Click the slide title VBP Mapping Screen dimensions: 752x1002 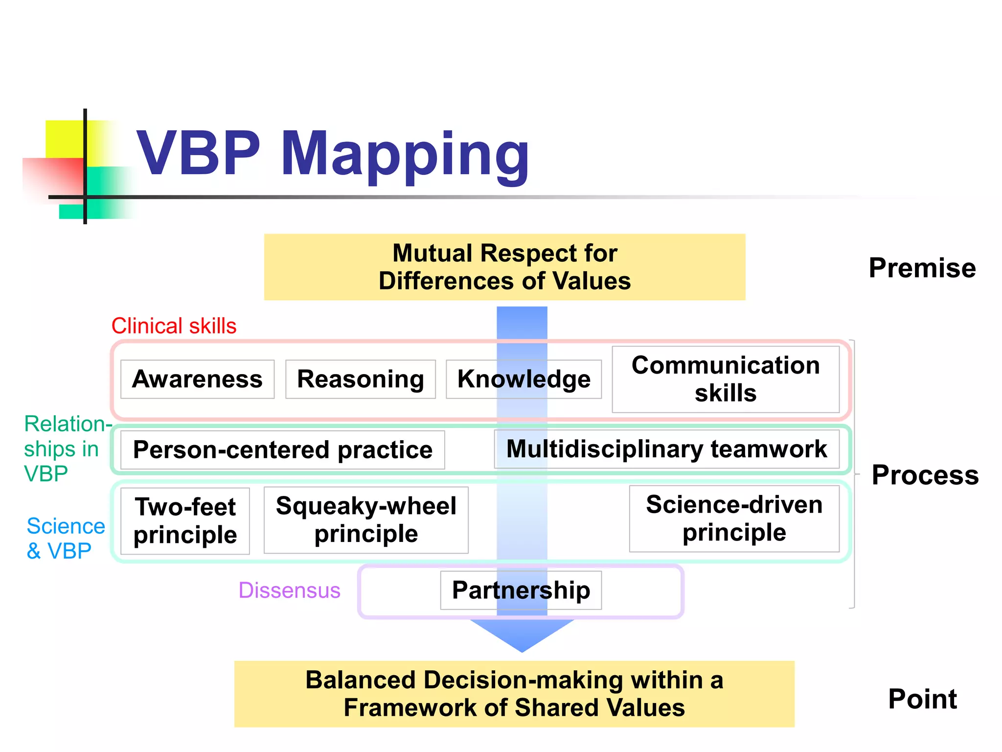(333, 154)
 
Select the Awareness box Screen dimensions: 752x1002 (197, 379)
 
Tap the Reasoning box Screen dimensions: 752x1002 (361, 379)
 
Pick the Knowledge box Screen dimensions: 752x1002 (524, 379)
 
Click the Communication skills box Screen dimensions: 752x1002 (726, 379)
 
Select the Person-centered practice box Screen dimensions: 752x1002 (282, 450)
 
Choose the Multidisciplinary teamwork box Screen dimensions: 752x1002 (666, 449)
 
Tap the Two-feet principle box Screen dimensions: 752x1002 (185, 521)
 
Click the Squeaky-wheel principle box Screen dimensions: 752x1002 (366, 520)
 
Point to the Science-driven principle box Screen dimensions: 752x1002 (734, 518)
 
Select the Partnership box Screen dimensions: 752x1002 (521, 590)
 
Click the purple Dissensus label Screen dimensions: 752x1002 (289, 590)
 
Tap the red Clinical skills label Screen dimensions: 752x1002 (174, 326)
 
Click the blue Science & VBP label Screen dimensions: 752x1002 (65, 539)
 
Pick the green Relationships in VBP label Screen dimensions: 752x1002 (66, 449)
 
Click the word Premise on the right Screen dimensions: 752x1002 (922, 268)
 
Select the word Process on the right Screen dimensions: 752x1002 (925, 475)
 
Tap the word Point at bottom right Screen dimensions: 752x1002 (922, 699)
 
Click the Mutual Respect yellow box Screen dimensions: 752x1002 (504, 267)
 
